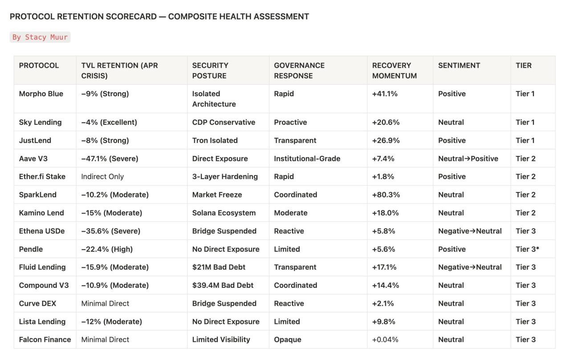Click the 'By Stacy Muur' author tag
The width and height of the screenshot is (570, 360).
pos(40,37)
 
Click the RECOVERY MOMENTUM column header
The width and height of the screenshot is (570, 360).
pos(395,70)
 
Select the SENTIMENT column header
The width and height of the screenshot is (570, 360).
pos(459,65)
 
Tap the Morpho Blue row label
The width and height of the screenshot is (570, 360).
pos(41,94)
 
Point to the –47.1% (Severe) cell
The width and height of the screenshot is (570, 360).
pos(110,159)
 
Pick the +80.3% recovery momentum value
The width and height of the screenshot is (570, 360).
pos(386,195)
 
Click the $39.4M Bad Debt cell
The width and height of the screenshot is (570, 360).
pos(223,285)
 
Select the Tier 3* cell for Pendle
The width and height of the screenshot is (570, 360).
pos(527,249)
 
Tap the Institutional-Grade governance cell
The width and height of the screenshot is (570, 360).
pos(307,159)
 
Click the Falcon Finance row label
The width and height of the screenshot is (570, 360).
pos(45,340)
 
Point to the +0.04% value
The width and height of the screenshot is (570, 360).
pos(385,340)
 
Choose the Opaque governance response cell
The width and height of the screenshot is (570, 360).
pos(288,340)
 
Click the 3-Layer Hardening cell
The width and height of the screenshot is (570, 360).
pos(225,176)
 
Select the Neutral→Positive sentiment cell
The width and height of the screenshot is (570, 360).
pos(468,159)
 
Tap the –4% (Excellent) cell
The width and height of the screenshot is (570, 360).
pos(109,122)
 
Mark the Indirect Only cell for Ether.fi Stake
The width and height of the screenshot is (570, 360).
pos(102,176)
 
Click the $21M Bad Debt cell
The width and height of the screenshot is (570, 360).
pos(219,267)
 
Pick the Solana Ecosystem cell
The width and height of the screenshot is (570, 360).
pos(224,213)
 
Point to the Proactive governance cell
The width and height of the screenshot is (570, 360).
pos(290,122)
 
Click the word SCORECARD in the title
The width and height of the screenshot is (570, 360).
pos(131,16)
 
